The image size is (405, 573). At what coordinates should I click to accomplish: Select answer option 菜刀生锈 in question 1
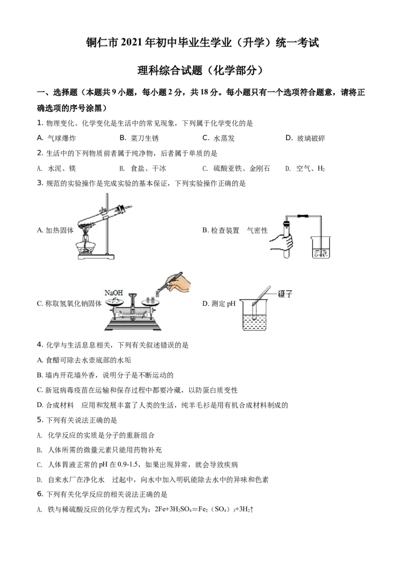click(145, 138)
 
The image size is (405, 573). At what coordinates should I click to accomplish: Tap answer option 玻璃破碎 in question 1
click(311, 138)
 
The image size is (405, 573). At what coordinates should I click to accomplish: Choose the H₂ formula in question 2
click(321, 169)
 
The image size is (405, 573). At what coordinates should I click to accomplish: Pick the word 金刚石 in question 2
click(260, 169)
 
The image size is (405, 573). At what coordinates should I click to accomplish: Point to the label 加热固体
click(60, 230)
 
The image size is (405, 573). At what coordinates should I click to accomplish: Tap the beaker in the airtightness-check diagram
click(321, 247)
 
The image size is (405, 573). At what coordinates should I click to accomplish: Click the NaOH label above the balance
click(114, 293)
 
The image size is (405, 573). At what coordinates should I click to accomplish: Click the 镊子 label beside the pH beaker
click(285, 294)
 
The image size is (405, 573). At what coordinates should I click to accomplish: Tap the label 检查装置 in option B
click(225, 230)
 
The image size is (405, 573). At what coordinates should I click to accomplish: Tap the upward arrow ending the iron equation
click(252, 509)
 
